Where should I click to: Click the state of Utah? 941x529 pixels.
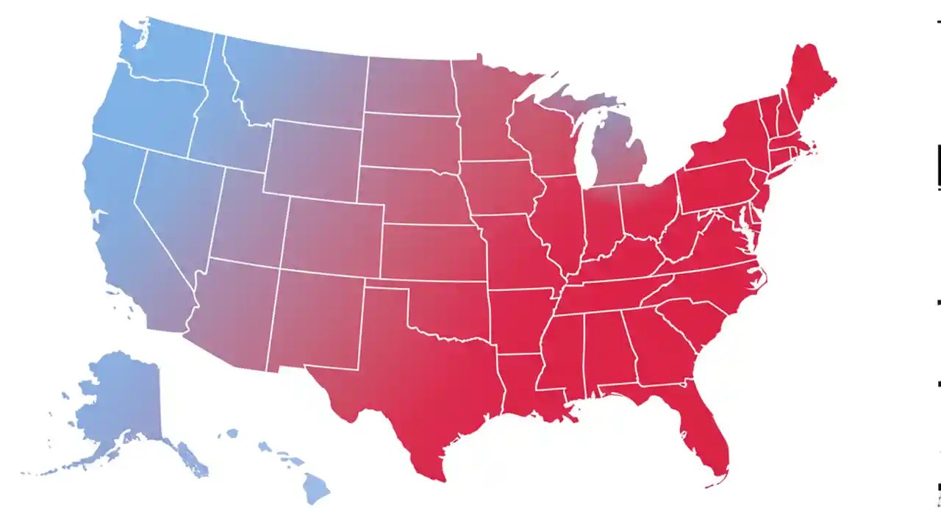pyautogui.click(x=246, y=220)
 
